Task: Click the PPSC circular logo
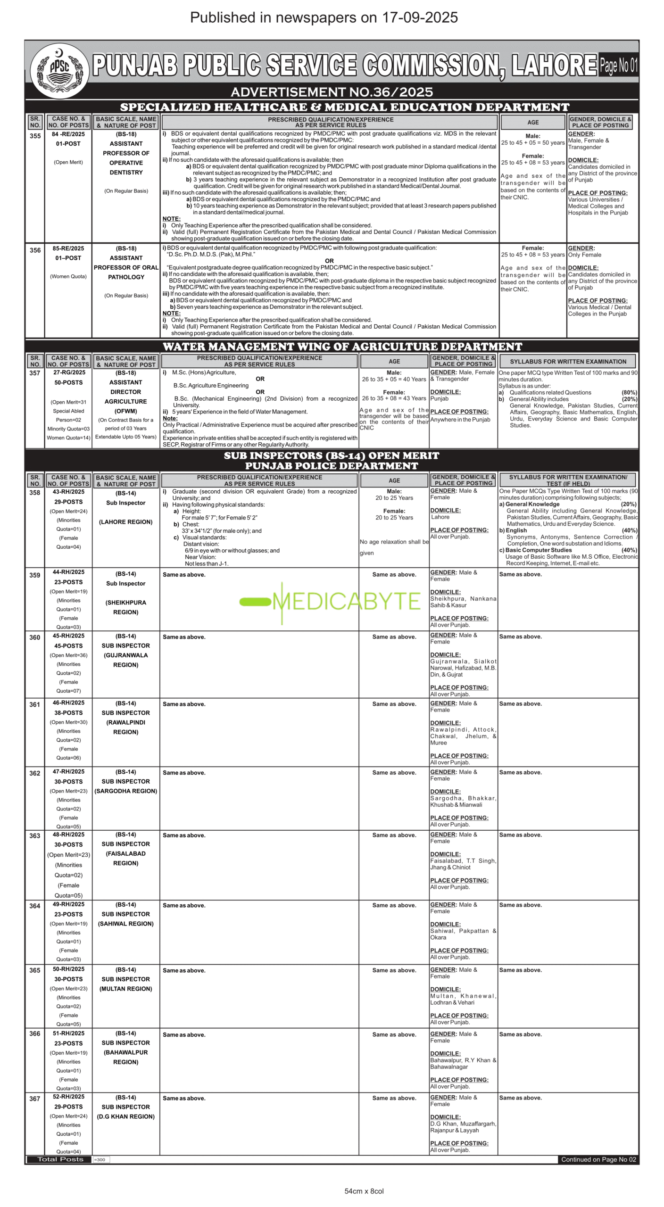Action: pos(59,70)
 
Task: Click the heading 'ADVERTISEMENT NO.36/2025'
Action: pos(332,91)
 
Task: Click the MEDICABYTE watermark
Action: pos(330,601)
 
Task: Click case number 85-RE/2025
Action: pos(68,248)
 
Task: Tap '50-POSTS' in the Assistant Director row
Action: pos(68,382)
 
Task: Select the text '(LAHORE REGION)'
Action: pos(126,522)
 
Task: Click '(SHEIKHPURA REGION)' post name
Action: pos(126,607)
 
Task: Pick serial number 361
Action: pos(35,704)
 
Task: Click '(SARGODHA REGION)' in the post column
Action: pos(126,791)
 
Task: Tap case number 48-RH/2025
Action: pos(68,835)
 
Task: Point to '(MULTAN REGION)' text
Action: pos(126,989)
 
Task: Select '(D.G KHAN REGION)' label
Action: pos(126,1116)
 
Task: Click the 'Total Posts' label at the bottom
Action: pos(60,1159)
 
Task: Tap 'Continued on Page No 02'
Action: pos(598,1159)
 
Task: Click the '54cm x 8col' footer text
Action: pos(364,1191)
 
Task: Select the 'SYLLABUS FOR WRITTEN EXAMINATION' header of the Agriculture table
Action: pos(568,362)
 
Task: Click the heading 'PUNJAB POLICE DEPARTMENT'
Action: pos(332,466)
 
